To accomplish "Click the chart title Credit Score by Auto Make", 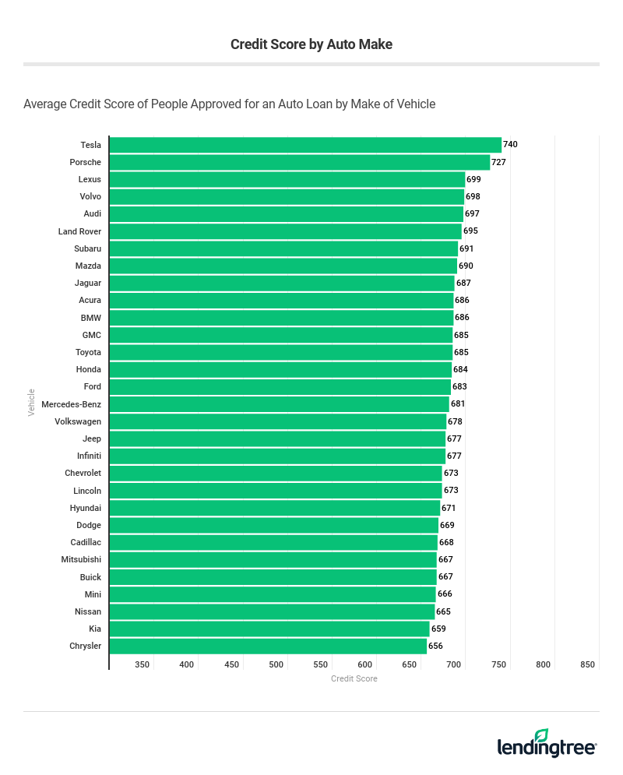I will coord(311,44).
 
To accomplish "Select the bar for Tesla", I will coord(305,145).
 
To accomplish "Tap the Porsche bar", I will coord(300,162).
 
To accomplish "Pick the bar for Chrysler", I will coord(268,646).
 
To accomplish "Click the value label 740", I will coord(510,145).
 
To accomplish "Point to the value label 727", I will coord(498,162).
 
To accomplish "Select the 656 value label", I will coord(435,646).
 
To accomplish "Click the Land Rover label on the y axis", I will coord(79,231).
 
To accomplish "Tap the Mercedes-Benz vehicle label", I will coord(71,404).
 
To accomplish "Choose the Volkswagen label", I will coord(78,421).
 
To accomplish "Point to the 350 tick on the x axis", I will coord(142,664).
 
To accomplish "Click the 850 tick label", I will coord(588,664).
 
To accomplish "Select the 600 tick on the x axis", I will coord(364,664).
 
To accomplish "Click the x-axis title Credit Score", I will coord(354,678).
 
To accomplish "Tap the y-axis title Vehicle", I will coord(32,402).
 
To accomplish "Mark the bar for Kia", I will coord(269,629).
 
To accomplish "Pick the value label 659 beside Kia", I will coord(438,629).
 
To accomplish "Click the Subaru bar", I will coord(283,248).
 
